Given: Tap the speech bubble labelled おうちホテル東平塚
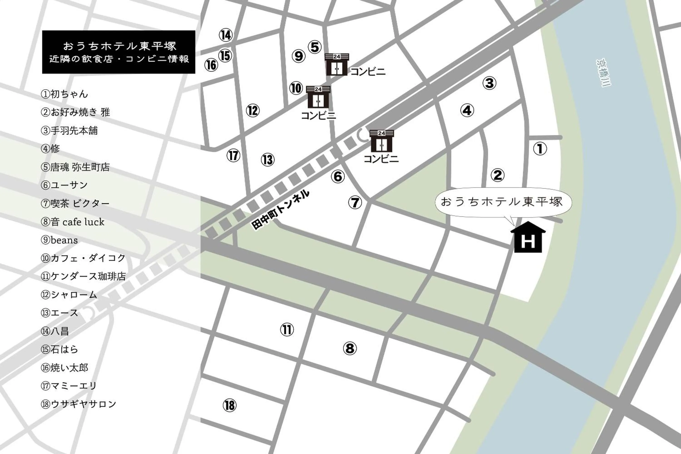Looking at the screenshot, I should click(x=503, y=203).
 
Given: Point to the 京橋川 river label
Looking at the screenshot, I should click(x=603, y=73).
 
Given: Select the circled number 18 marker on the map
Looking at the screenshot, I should click(x=229, y=405).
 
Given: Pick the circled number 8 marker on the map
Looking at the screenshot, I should click(x=350, y=348).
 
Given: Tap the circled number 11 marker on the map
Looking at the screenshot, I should click(x=287, y=330).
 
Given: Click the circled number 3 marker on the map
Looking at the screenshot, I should click(x=489, y=83).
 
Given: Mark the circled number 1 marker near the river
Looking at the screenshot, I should click(x=540, y=149).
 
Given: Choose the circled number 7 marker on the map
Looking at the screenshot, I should click(x=355, y=202).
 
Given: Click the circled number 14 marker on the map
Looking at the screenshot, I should click(x=226, y=35).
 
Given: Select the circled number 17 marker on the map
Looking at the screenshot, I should click(x=233, y=156).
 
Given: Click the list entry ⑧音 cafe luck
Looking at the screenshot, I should click(x=72, y=222).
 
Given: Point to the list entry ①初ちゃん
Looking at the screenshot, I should click(x=64, y=94).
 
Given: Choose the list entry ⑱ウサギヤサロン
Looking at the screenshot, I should click(x=79, y=404).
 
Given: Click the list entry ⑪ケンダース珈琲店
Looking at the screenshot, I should click(x=83, y=276).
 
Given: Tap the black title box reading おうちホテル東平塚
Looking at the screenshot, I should click(x=118, y=52).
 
